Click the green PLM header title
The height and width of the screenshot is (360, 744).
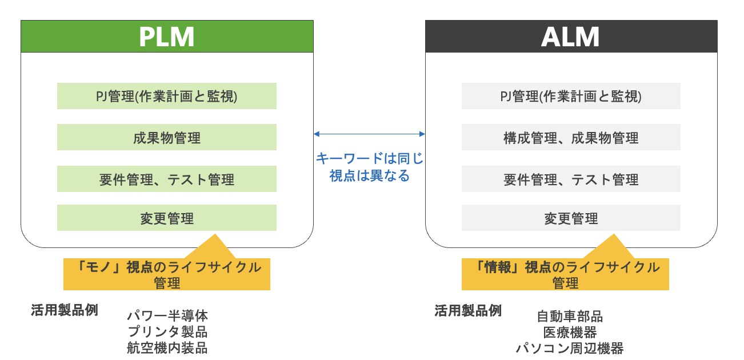pyautogui.click(x=167, y=37)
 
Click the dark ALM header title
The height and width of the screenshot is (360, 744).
pyautogui.click(x=570, y=37)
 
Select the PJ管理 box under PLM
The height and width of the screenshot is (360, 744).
pyautogui.click(x=167, y=96)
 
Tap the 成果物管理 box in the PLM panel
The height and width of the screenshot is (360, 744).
pyautogui.click(x=167, y=137)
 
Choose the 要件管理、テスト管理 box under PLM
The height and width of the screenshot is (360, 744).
pyautogui.click(x=167, y=179)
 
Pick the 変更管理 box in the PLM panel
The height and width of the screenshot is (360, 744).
pyautogui.click(x=167, y=218)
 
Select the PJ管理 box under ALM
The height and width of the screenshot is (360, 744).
pyautogui.click(x=571, y=96)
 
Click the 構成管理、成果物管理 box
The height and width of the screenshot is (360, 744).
pyautogui.click(x=571, y=137)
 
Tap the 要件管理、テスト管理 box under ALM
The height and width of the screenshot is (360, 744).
pyautogui.click(x=571, y=179)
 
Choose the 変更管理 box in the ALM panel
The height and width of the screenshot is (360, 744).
pyautogui.click(x=571, y=218)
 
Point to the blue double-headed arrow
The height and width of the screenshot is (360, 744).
pyautogui.click(x=369, y=134)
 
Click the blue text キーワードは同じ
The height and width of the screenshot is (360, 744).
pyautogui.click(x=369, y=158)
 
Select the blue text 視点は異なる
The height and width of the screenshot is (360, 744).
pyautogui.click(x=369, y=175)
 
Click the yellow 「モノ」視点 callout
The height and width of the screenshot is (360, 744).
pyautogui.click(x=167, y=274)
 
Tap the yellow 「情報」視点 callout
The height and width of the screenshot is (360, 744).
pyautogui.click(x=565, y=274)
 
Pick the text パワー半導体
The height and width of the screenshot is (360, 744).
pyautogui.click(x=167, y=315)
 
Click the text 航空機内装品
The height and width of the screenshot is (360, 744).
pyautogui.click(x=167, y=347)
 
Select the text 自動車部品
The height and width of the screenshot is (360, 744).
pyautogui.click(x=570, y=316)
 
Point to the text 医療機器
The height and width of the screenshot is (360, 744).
pyautogui.click(x=570, y=332)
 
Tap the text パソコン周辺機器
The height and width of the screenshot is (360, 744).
pyautogui.click(x=570, y=348)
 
